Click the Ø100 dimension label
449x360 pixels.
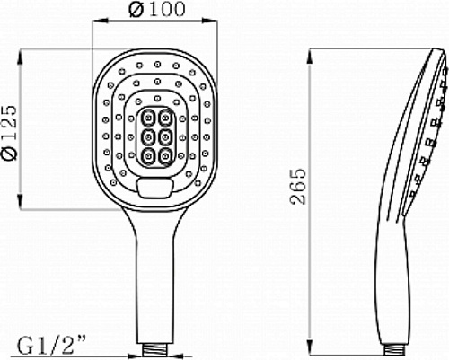coord(157,9)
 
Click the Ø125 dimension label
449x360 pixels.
coord(9,132)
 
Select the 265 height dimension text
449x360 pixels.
coord(299,187)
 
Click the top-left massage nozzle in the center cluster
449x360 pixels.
coord(148,119)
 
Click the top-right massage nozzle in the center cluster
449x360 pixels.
coord(165,119)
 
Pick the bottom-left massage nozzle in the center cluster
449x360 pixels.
coord(148,156)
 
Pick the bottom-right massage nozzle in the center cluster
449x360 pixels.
coord(165,156)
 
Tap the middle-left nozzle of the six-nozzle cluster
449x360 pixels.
coord(148,137)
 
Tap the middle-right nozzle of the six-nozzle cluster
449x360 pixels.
coord(165,137)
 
